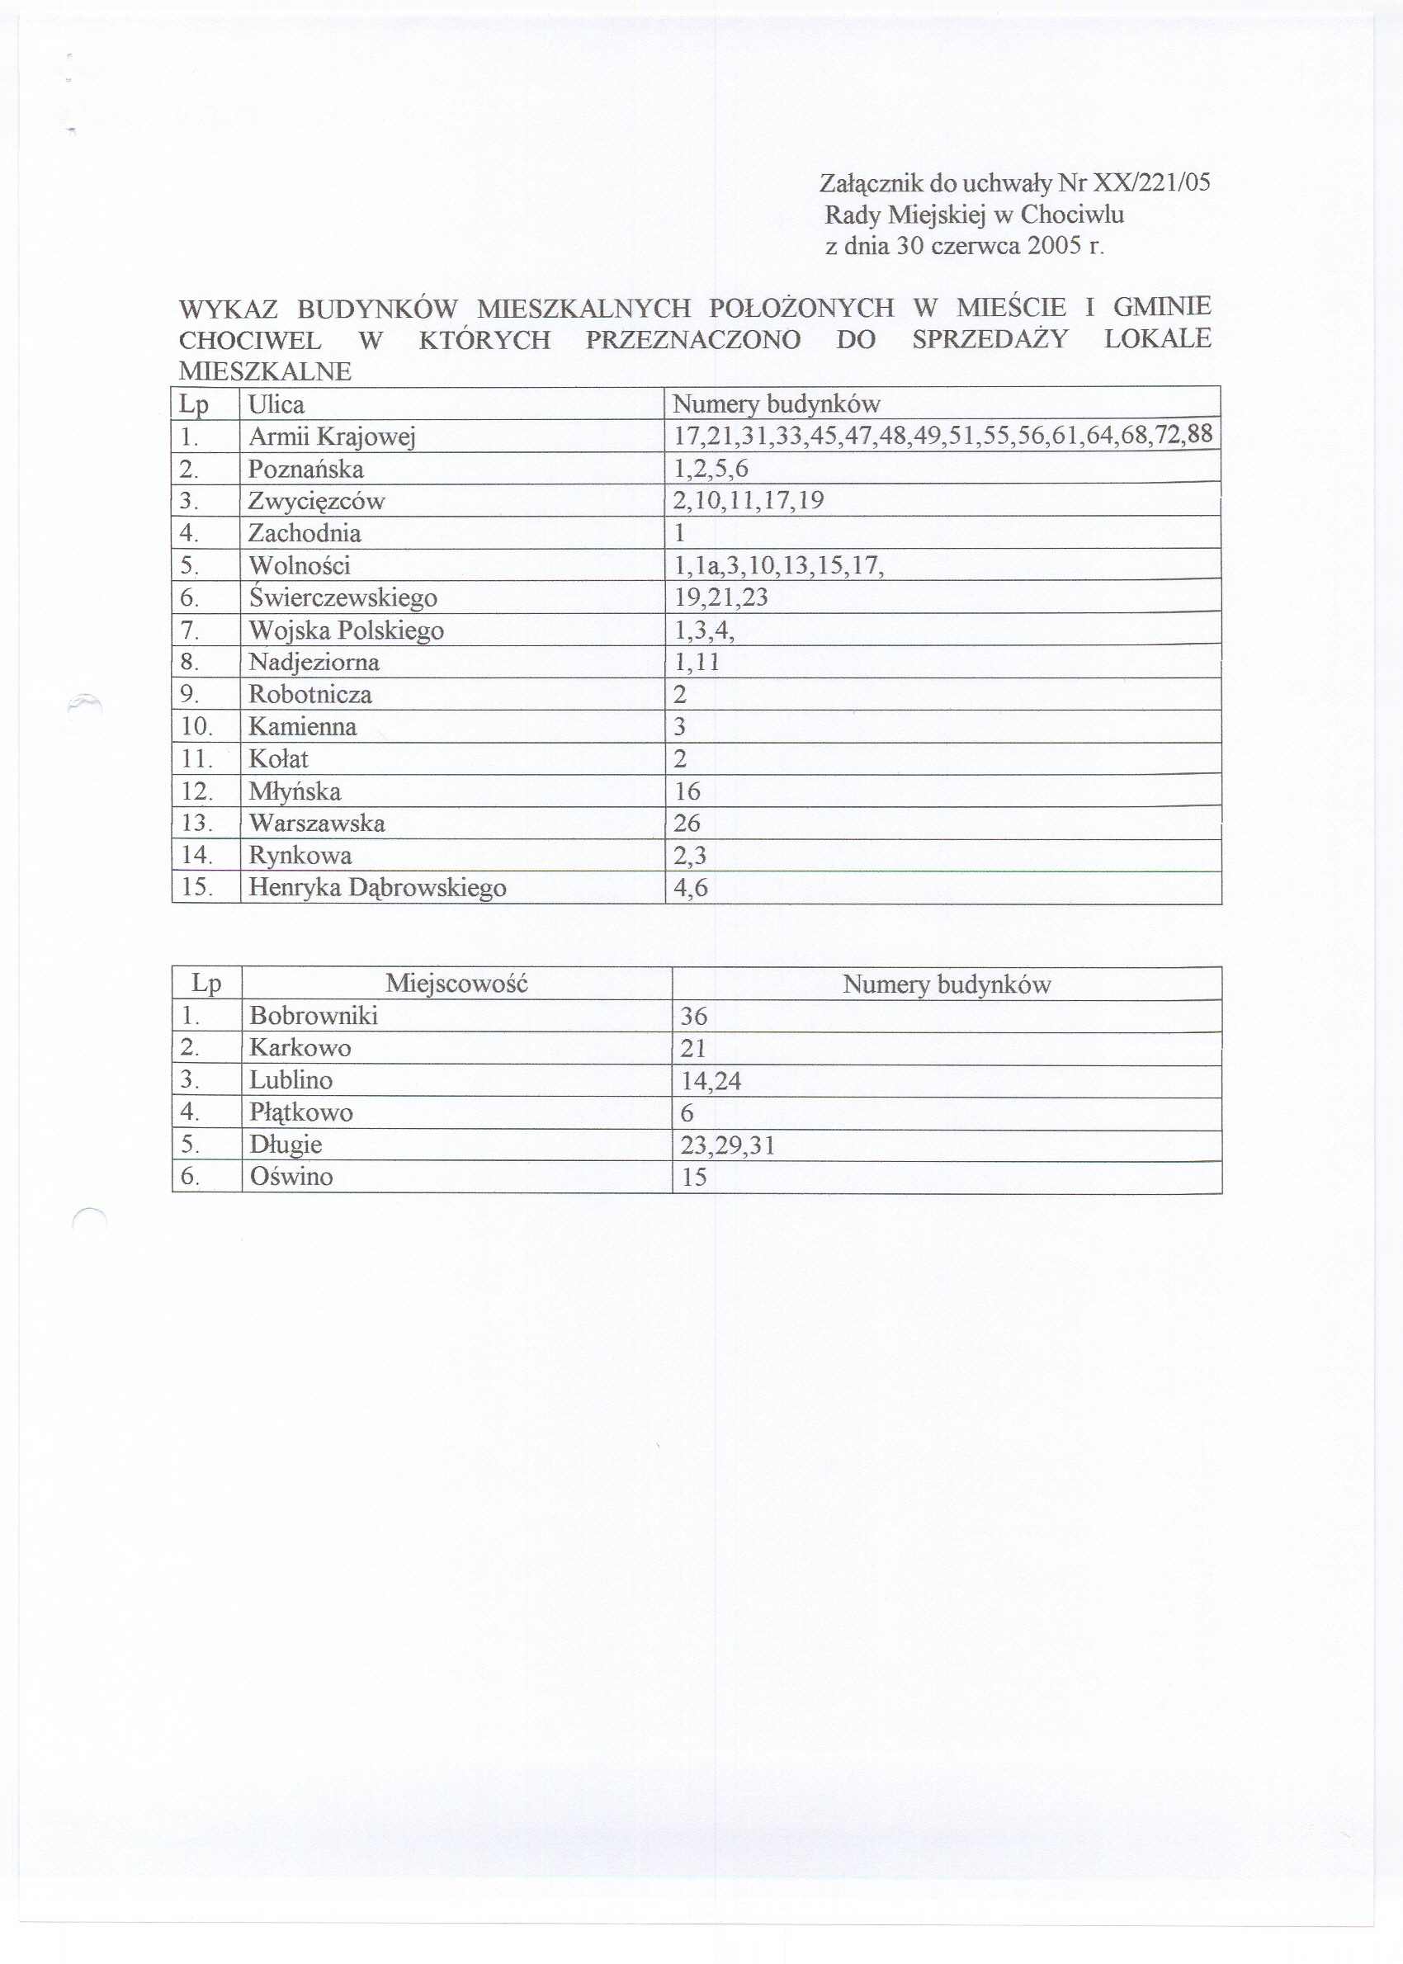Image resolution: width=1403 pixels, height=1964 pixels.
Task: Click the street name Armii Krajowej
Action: click(x=332, y=437)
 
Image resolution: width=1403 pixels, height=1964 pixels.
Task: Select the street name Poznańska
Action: click(x=306, y=469)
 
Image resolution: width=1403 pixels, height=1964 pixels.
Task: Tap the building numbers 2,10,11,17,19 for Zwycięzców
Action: click(x=749, y=501)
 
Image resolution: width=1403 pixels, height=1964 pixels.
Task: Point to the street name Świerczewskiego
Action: click(x=342, y=597)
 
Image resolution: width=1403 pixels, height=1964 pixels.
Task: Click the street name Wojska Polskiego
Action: click(x=346, y=630)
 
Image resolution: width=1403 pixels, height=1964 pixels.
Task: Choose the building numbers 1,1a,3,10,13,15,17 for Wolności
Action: click(x=778, y=566)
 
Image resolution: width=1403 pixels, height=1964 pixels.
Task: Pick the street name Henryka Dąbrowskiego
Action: click(x=377, y=888)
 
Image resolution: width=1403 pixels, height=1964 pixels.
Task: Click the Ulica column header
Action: click(x=276, y=404)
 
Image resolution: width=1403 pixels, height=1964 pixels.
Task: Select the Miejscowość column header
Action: click(x=456, y=983)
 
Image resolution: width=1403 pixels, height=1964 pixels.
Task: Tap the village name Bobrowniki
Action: click(x=314, y=1016)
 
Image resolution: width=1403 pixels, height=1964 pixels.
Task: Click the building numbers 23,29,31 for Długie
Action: click(x=727, y=1145)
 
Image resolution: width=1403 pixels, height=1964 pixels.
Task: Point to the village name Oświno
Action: click(x=291, y=1176)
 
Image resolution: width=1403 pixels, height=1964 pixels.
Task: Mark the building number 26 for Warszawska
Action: click(x=687, y=823)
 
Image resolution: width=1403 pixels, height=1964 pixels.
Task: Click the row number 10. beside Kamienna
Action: click(x=196, y=726)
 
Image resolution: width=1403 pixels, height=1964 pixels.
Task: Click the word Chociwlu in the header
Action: click(x=1072, y=215)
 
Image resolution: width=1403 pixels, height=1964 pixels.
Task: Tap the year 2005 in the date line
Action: click(x=1054, y=246)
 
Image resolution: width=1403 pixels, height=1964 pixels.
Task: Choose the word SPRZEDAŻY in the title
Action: click(x=990, y=339)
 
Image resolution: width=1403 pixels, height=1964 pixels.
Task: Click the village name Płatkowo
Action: click(x=300, y=1112)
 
